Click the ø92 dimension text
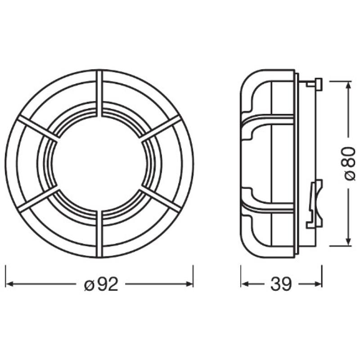point(101,284)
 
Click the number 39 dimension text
point(281,284)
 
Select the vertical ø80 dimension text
point(350,164)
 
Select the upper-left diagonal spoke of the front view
point(38,128)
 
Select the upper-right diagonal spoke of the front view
point(161,128)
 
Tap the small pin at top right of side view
point(317,84)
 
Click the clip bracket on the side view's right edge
point(316,202)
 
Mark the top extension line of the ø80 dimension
point(340,81)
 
